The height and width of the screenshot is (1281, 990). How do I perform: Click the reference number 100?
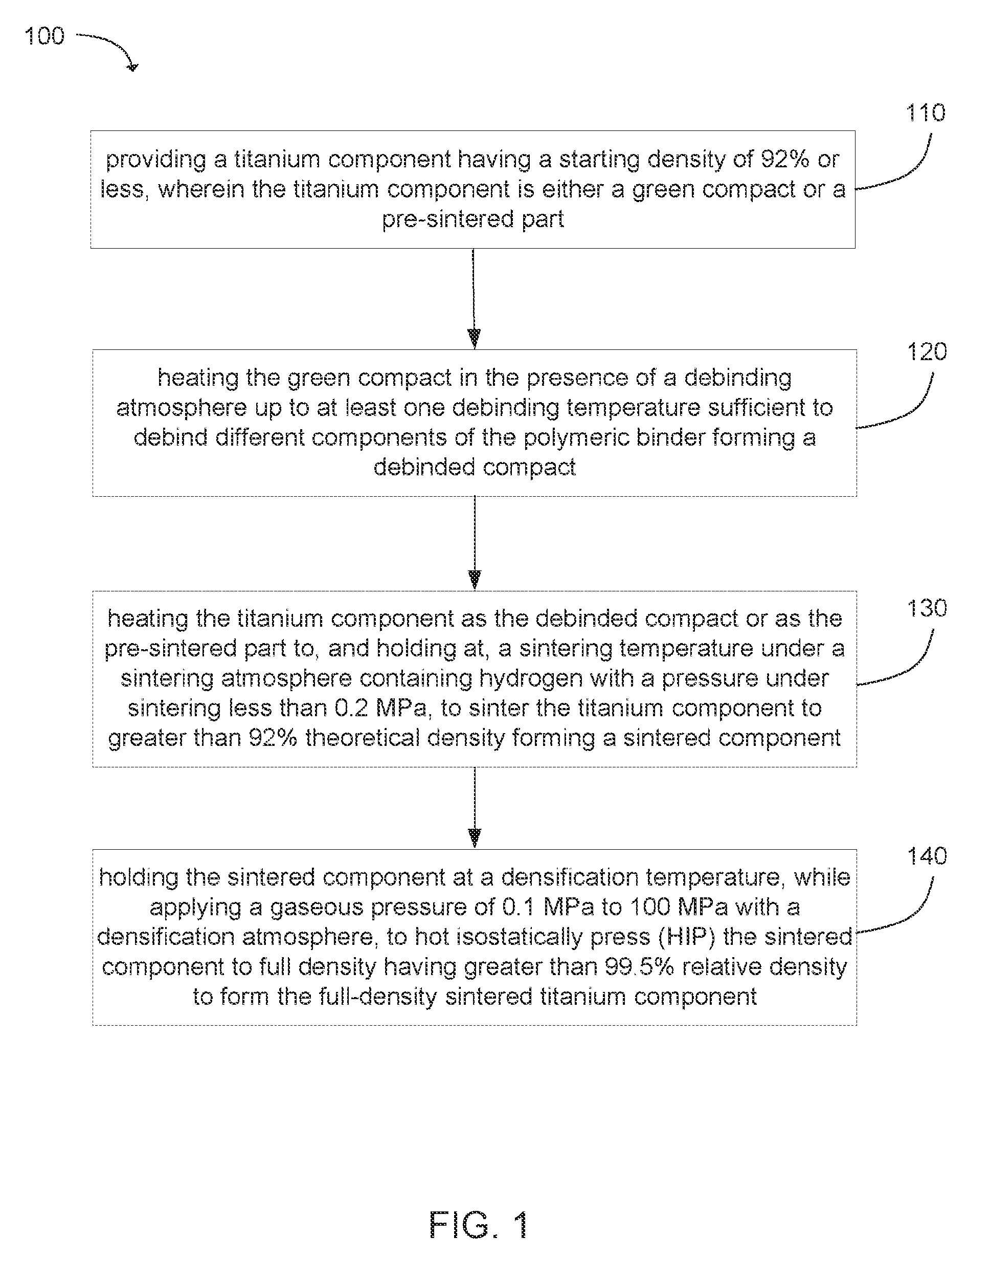point(44,36)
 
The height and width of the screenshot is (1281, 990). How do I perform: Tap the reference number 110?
point(926,113)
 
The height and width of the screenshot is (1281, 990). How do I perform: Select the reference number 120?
point(927,351)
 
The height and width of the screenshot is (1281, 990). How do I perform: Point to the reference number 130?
point(927,608)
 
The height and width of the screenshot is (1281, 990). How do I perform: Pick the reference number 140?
point(927,856)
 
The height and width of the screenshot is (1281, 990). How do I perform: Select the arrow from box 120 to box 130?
point(475,543)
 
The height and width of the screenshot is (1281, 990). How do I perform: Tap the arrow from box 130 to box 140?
point(475,808)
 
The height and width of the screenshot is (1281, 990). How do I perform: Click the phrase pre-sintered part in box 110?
point(472,219)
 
